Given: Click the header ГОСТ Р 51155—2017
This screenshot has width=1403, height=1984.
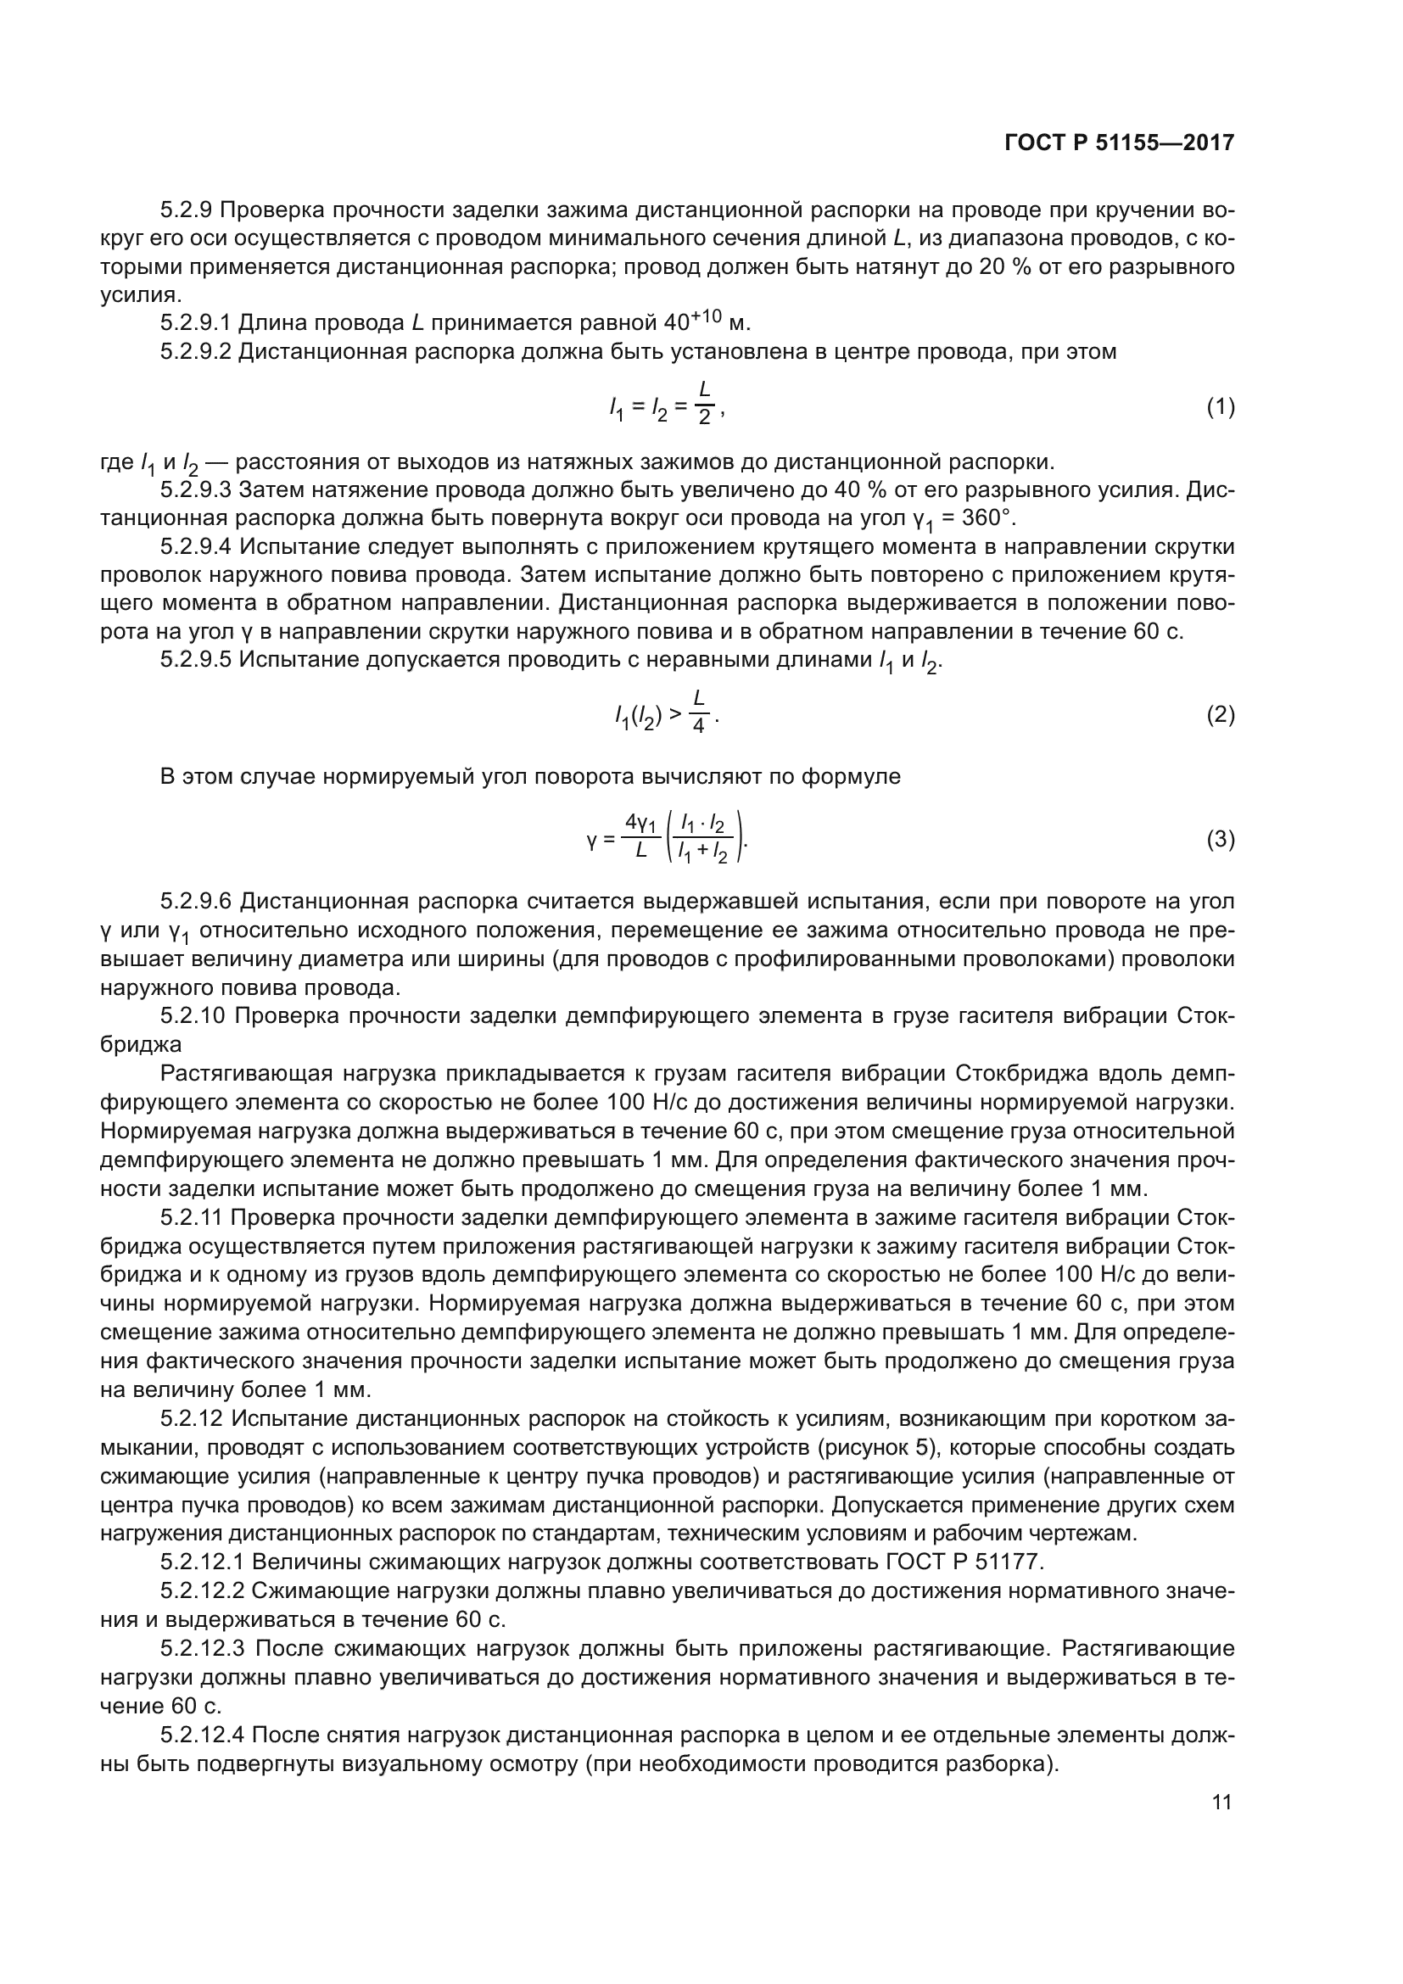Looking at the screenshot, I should (x=1120, y=143).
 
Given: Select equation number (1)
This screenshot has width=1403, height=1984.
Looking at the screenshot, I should (x=1220, y=407).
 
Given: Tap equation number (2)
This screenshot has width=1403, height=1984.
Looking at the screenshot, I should (x=1220, y=714).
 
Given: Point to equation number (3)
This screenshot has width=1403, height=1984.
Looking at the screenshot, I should (x=1220, y=839).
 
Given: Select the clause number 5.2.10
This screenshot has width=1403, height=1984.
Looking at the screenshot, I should (x=193, y=1016).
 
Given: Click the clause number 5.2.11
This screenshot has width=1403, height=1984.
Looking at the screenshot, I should (x=192, y=1217).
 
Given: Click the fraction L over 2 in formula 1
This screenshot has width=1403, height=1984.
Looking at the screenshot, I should (x=704, y=405).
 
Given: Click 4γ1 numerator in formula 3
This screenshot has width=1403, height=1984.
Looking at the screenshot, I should (x=642, y=822).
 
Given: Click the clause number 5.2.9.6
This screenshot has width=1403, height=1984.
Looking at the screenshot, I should (x=196, y=902).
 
